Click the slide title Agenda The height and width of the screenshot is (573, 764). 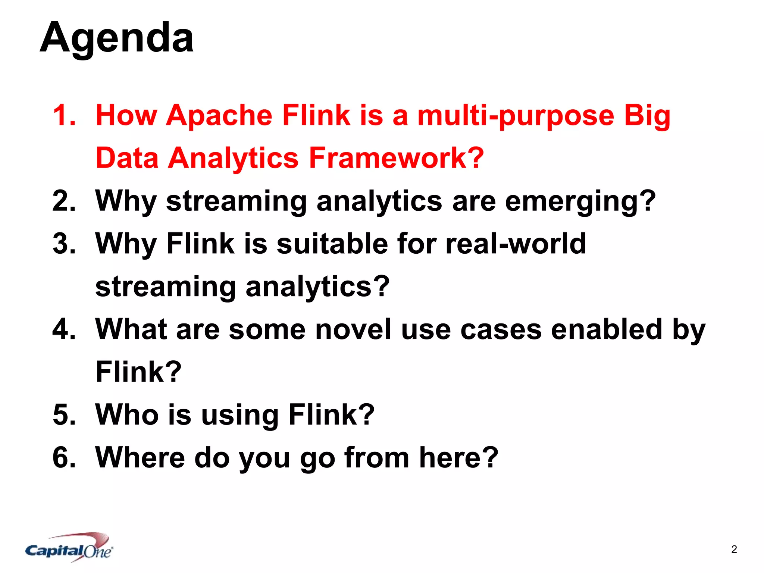click(116, 38)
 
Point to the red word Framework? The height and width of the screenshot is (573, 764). click(396, 158)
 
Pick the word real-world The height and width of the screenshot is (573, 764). click(516, 244)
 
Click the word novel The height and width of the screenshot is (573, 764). click(353, 329)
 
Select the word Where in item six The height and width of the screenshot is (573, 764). click(140, 458)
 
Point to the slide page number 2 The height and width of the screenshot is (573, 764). click(734, 549)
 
